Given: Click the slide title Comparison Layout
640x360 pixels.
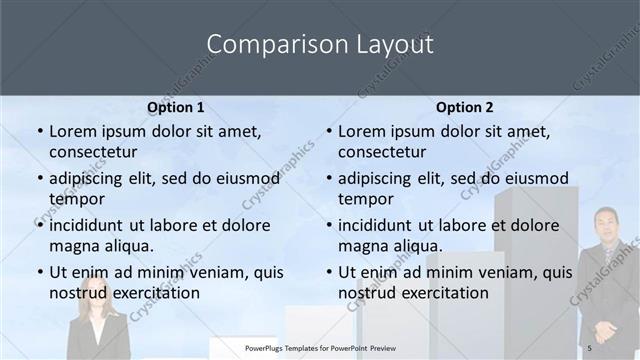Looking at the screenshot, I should click(320, 45).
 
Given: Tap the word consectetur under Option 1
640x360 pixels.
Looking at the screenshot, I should click(93, 152).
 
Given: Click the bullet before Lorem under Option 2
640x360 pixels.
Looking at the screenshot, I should click(329, 131).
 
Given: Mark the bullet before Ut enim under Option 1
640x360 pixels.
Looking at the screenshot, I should click(40, 271).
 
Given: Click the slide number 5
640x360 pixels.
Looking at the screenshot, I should click(590, 347).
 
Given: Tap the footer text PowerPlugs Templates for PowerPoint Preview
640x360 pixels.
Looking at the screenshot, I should click(320, 347).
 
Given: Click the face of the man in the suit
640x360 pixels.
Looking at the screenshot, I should click(605, 226).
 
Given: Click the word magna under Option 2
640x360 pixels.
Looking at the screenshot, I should click(360, 246).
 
